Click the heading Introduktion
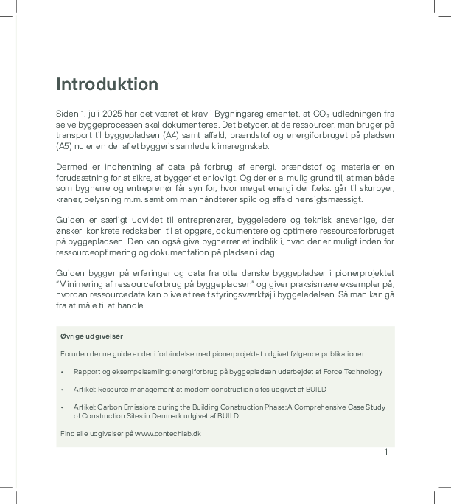(107, 84)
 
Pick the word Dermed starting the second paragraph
(70, 168)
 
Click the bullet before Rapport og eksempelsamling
(63, 372)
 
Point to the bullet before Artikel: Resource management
(63, 390)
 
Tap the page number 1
(385, 452)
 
